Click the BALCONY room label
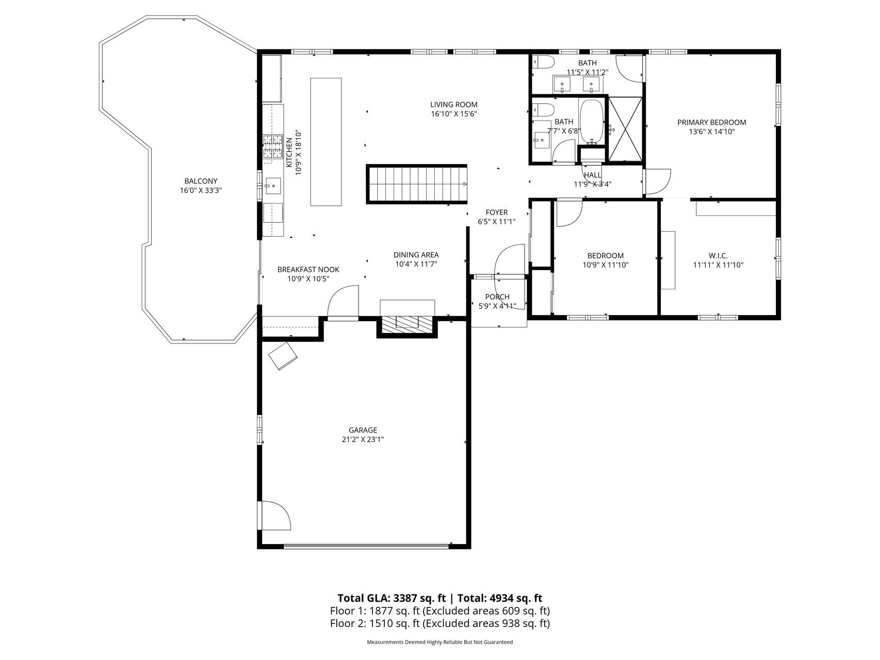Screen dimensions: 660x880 point(201,181)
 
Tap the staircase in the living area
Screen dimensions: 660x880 point(417,184)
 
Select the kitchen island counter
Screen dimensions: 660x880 point(325,142)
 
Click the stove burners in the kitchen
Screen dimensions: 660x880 point(273,146)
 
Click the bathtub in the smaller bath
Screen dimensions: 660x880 point(592,122)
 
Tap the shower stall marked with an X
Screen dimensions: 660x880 point(626,129)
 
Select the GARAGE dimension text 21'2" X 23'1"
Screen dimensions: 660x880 point(362,440)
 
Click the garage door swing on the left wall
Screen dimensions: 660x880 point(274,516)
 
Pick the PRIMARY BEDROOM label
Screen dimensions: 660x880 point(711,122)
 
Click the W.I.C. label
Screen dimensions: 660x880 point(718,256)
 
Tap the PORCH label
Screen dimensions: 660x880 point(497,297)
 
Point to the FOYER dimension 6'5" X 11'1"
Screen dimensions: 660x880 point(496,222)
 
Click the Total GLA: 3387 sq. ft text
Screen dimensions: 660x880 point(391,598)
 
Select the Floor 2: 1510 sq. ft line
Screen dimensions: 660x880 point(439,623)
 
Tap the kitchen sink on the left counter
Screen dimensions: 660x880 point(273,185)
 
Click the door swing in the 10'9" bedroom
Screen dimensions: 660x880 point(569,212)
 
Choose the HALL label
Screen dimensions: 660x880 point(592,175)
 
